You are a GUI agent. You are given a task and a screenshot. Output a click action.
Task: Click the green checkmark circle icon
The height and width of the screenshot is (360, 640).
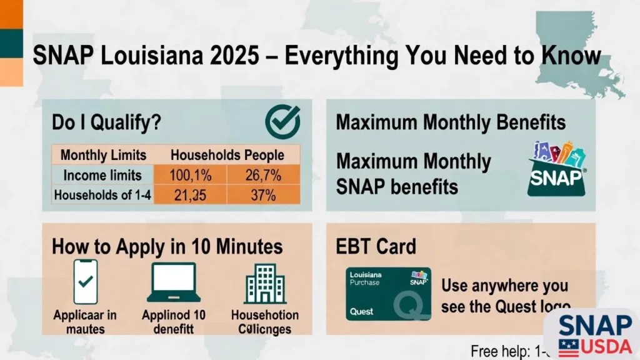click(x=282, y=121)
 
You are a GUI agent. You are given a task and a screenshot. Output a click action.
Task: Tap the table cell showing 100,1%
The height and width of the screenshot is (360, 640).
click(x=190, y=175)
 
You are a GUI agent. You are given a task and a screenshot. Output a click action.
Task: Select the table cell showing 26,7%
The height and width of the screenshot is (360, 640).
click(x=263, y=175)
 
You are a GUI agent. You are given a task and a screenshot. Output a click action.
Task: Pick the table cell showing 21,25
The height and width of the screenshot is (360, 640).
click(x=190, y=195)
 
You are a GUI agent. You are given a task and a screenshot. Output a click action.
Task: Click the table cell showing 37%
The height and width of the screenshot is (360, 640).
click(x=263, y=195)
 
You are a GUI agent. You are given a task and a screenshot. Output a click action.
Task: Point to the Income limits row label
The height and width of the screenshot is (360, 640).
click(x=102, y=175)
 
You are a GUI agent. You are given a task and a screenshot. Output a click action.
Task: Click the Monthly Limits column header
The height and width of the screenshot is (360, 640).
click(x=103, y=155)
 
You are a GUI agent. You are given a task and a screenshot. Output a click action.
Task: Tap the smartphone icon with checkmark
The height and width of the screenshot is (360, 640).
click(x=86, y=281)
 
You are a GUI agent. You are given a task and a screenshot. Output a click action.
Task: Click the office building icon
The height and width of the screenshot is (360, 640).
click(x=265, y=282)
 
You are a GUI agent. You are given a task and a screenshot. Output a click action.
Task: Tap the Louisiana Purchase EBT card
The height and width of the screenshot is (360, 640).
click(x=388, y=294)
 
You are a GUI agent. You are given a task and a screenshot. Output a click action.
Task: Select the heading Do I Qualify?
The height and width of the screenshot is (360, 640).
click(x=106, y=122)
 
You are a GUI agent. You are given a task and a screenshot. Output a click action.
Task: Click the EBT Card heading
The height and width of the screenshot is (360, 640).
click(x=376, y=246)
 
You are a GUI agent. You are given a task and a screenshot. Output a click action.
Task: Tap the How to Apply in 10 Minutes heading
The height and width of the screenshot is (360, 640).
click(x=167, y=246)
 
